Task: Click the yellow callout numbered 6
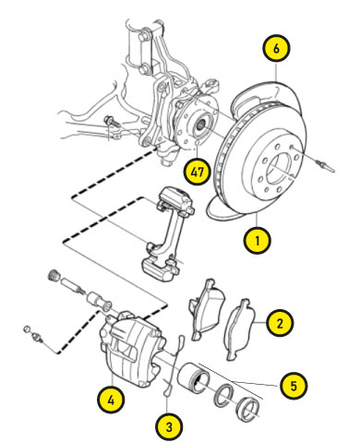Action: point(276,49)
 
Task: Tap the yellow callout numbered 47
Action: point(197,172)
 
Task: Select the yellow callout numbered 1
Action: point(257,240)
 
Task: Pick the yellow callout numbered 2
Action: point(280,323)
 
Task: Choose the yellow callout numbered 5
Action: point(294,386)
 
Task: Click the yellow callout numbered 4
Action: point(111,400)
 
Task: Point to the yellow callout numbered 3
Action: point(169,427)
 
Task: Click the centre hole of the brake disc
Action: point(279,168)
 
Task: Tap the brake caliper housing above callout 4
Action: point(131,349)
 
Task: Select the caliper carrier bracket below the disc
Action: point(169,233)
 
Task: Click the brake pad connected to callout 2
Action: point(241,329)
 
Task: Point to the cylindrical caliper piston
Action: point(193,376)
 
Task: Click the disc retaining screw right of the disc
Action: point(325,165)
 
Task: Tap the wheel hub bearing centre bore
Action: point(201,125)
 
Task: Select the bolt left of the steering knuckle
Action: point(113,122)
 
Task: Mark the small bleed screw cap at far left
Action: point(27,329)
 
